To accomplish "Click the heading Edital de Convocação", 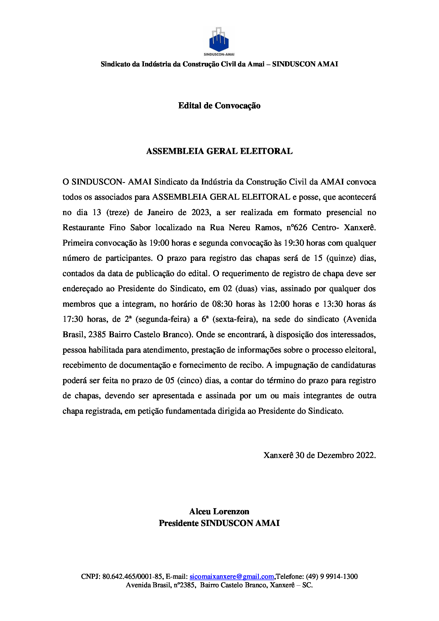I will pos(219,105).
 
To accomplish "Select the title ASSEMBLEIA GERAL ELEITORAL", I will pos(219,151).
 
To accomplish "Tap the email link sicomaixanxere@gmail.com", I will pos(232,576).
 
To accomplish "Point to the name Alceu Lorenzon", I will pos(219,511).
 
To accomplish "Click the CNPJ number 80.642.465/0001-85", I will pos(133,576).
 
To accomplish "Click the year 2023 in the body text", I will pos(201,212).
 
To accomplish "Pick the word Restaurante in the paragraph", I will pos(83,228).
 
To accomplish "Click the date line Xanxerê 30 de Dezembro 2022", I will pos(320,455).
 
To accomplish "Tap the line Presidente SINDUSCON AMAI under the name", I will pos(219,523).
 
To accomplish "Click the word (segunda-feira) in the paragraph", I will pos(163,319).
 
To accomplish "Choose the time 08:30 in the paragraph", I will pos(222,304).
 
